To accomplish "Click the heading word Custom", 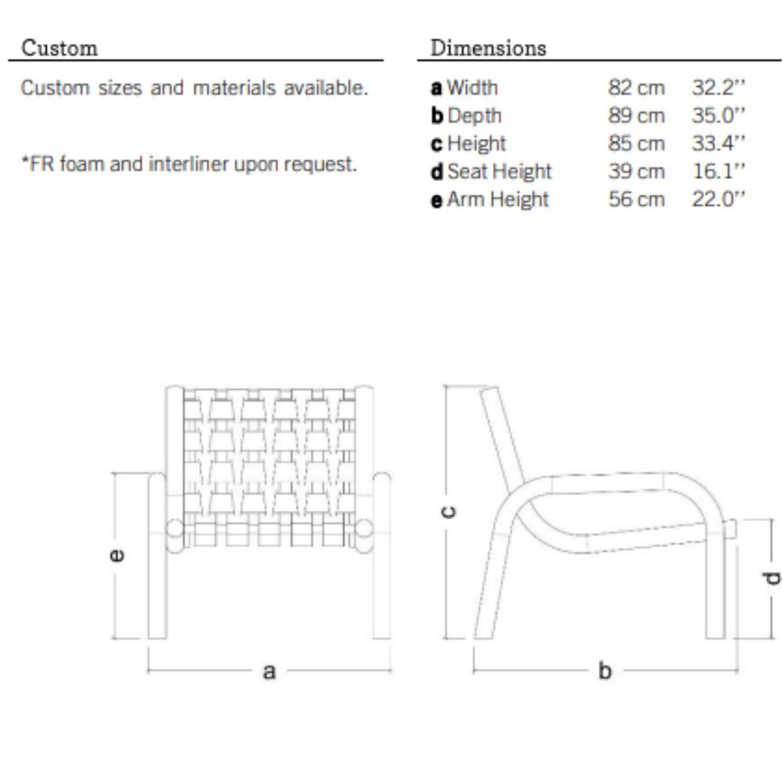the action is [x=60, y=48].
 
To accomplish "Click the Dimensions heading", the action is [x=488, y=48].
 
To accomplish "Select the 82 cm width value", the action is [x=636, y=88].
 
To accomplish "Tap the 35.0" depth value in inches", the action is [x=718, y=115].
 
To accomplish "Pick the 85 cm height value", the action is [x=636, y=143].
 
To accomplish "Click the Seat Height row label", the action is [x=500, y=171].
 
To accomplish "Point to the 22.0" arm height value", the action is [x=718, y=199].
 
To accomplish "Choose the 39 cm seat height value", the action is [x=636, y=171].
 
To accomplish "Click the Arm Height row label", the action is [x=498, y=199].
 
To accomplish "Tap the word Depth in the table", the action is [x=474, y=115].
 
